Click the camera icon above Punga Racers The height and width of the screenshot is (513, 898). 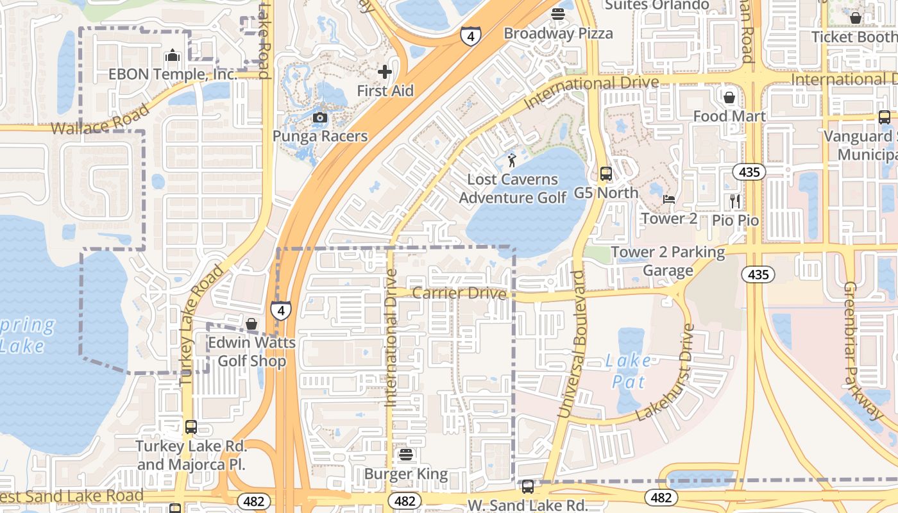click(319, 117)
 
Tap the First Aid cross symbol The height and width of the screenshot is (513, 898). click(385, 71)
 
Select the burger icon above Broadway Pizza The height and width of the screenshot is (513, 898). click(557, 14)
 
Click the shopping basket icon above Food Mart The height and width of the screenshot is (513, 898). click(729, 97)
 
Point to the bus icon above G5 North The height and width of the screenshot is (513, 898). click(606, 173)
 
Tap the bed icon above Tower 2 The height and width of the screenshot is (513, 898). click(669, 199)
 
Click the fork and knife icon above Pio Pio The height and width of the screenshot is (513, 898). click(735, 201)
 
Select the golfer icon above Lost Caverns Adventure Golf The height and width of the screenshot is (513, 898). click(512, 160)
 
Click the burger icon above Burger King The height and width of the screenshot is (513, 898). click(405, 455)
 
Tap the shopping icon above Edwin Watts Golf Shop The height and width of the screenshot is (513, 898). click(251, 324)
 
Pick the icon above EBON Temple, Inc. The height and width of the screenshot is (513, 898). click(172, 56)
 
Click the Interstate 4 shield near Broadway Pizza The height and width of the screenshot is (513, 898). click(471, 37)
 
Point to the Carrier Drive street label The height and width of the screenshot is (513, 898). click(459, 293)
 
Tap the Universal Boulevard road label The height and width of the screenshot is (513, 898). click(572, 344)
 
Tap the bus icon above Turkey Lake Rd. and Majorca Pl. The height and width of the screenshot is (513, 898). click(191, 427)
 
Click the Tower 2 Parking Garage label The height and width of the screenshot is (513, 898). click(668, 261)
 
